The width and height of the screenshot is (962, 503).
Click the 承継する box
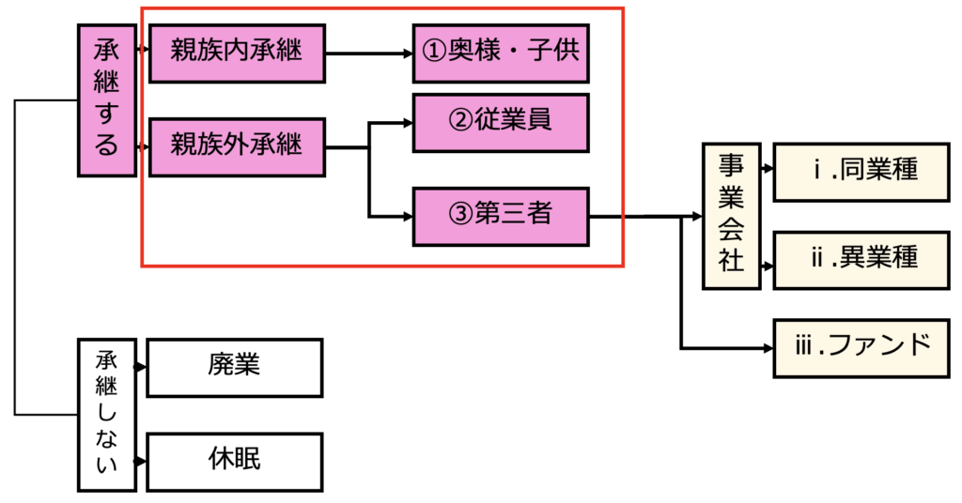(106, 100)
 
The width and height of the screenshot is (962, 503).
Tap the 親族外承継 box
(237, 147)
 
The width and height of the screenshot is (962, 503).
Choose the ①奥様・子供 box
(501, 53)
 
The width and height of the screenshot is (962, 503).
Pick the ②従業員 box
(501, 122)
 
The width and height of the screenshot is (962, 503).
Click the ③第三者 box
(501, 216)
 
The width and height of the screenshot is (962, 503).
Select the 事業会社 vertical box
(731, 216)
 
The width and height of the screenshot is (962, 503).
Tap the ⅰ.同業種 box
(861, 172)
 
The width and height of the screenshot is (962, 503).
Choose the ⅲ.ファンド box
(861, 347)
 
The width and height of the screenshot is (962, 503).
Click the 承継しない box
(106, 415)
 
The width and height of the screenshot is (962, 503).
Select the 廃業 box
(235, 367)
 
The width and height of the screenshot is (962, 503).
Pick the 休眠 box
(235, 462)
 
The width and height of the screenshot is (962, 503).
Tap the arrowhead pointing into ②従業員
(407, 122)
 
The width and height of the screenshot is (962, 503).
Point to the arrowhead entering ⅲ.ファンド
(768, 348)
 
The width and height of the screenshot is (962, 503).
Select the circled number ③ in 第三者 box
(460, 216)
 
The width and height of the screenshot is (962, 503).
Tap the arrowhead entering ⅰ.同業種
(768, 172)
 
